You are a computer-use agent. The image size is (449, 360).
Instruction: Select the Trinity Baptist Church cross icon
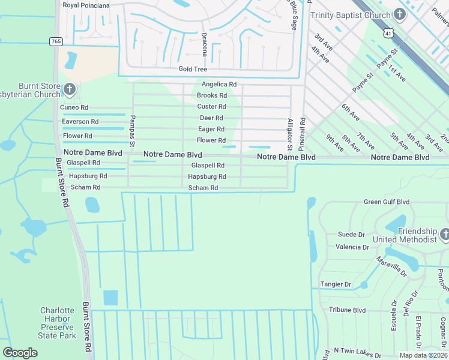tap(401, 13)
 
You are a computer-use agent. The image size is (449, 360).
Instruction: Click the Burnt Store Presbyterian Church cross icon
tap(69, 90)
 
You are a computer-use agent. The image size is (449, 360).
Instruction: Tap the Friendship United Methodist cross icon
tap(444, 235)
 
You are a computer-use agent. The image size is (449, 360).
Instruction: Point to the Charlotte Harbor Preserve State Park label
tap(58, 323)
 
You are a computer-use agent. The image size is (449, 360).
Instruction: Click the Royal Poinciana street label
tap(86, 5)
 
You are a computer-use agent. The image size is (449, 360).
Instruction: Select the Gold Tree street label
tap(193, 69)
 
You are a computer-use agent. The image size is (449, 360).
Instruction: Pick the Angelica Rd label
tap(219, 85)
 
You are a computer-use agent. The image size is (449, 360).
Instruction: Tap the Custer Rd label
tap(211, 107)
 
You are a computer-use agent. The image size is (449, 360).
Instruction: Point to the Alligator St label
tap(290, 134)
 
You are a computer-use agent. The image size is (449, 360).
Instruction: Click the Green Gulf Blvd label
tap(387, 202)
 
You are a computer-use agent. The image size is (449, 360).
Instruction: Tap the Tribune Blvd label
tap(347, 310)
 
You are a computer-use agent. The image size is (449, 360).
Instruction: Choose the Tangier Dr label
tap(336, 284)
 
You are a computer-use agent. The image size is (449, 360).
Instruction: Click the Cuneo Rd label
tap(74, 107)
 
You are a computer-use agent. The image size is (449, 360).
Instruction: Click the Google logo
tap(20, 353)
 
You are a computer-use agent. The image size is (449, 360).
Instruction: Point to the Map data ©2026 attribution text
tap(423, 355)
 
